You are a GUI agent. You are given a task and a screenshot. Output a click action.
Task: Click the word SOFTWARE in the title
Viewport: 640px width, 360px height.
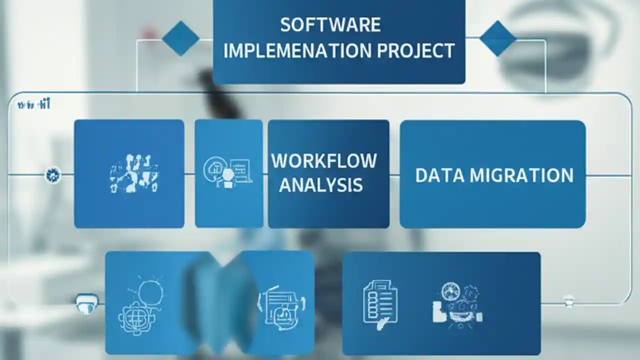click(330, 24)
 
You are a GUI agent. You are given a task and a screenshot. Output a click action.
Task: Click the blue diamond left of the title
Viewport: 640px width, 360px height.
click(180, 38)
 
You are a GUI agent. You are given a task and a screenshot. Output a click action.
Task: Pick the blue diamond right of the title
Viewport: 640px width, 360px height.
click(497, 38)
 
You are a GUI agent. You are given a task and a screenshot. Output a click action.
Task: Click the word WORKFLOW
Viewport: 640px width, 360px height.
click(324, 161)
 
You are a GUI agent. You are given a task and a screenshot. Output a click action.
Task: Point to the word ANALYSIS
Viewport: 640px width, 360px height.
click(320, 185)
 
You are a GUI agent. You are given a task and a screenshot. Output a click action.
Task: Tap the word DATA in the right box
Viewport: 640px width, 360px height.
click(433, 175)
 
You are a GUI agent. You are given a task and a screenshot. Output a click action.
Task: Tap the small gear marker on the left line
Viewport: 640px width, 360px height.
click(52, 175)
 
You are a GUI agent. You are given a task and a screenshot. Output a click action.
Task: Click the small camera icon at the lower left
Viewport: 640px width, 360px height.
click(86, 303)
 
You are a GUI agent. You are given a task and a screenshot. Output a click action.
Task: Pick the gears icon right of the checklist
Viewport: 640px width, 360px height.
click(456, 303)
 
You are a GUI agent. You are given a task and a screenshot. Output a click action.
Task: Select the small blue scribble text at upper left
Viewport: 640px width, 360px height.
click(33, 104)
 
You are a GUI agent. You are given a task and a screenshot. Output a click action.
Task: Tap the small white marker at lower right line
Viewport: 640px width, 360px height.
click(568, 301)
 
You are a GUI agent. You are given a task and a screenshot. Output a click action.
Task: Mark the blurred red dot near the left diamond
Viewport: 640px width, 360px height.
click(149, 33)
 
